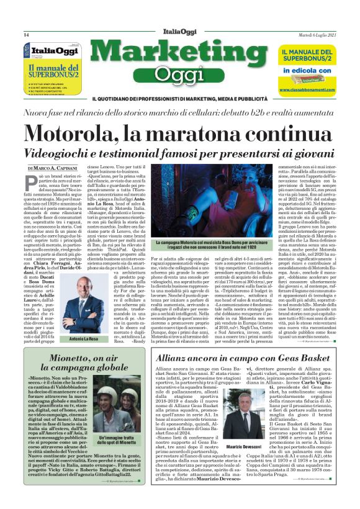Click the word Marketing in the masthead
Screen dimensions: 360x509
click(179, 55)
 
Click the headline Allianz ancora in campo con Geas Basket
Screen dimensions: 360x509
click(243, 359)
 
